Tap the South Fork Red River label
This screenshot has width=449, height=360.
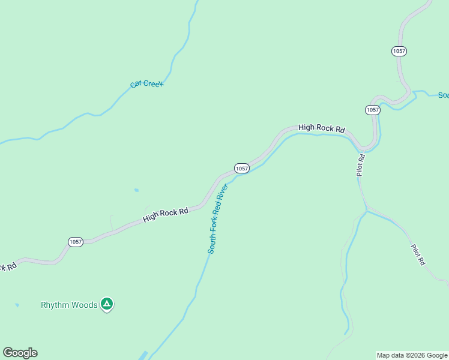click(x=218, y=219)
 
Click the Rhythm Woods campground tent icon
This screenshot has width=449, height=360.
click(x=107, y=304)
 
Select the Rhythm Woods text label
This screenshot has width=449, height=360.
click(x=69, y=305)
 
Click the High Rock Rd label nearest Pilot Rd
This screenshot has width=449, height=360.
click(x=322, y=128)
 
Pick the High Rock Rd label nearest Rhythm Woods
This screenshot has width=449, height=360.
click(x=166, y=215)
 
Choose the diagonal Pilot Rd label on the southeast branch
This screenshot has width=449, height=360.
click(x=418, y=254)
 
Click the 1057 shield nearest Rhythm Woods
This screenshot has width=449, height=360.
click(x=75, y=242)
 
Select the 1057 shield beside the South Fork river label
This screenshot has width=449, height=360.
click(x=241, y=169)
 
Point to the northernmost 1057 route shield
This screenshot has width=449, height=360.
click(x=399, y=51)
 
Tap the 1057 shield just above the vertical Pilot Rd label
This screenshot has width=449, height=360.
click(x=372, y=110)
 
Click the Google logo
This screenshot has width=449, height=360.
click(x=20, y=353)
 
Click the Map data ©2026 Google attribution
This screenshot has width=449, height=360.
click(x=412, y=355)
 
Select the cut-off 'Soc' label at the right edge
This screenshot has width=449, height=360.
click(x=443, y=95)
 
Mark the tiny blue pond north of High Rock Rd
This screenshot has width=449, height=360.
click(x=136, y=190)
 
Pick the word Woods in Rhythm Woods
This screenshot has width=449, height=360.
click(x=83, y=305)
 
